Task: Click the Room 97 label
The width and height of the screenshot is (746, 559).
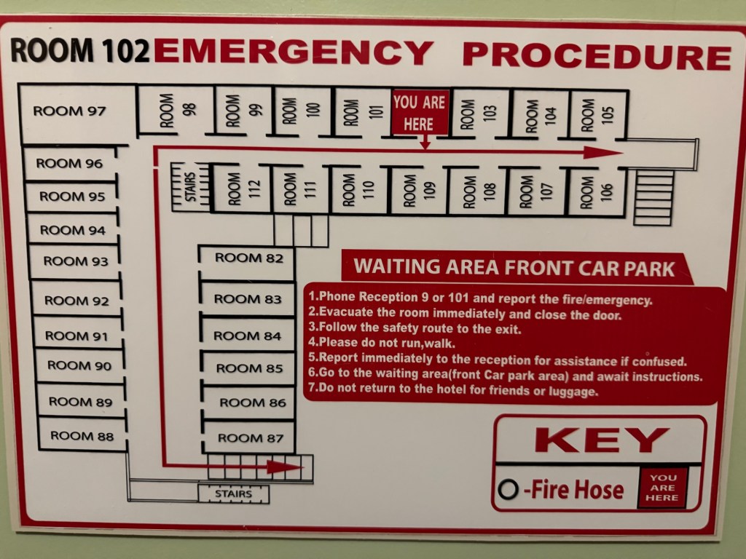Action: pyautogui.click(x=69, y=111)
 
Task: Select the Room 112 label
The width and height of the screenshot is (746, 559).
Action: pyautogui.click(x=244, y=189)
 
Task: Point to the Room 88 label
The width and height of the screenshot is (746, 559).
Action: pyautogui.click(x=82, y=436)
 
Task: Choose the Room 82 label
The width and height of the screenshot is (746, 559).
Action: pyautogui.click(x=249, y=258)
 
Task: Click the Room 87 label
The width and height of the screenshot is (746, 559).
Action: pyautogui.click(x=251, y=437)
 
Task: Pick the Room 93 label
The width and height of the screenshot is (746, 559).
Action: pyautogui.click(x=76, y=261)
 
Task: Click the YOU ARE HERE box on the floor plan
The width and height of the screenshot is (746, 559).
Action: pyautogui.click(x=420, y=113)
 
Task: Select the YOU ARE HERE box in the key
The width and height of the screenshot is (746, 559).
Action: pyautogui.click(x=662, y=488)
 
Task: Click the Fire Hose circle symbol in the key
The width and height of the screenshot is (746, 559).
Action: pyautogui.click(x=508, y=489)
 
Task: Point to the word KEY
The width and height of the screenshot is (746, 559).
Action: pyautogui.click(x=602, y=440)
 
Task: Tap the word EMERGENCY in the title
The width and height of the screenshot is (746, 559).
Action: pyautogui.click(x=294, y=52)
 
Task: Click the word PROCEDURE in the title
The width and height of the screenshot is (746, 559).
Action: pyautogui.click(x=597, y=56)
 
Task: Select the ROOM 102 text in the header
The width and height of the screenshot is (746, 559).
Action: pyautogui.click(x=80, y=50)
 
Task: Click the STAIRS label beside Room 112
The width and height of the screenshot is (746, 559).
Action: pyautogui.click(x=190, y=187)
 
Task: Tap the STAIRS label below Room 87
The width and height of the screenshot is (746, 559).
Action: pyautogui.click(x=234, y=493)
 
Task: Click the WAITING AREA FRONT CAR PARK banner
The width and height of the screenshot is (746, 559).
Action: pyautogui.click(x=515, y=267)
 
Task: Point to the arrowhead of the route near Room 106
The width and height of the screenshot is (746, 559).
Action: pyautogui.click(x=603, y=153)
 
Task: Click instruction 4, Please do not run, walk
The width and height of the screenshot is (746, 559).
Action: pyautogui.click(x=382, y=342)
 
